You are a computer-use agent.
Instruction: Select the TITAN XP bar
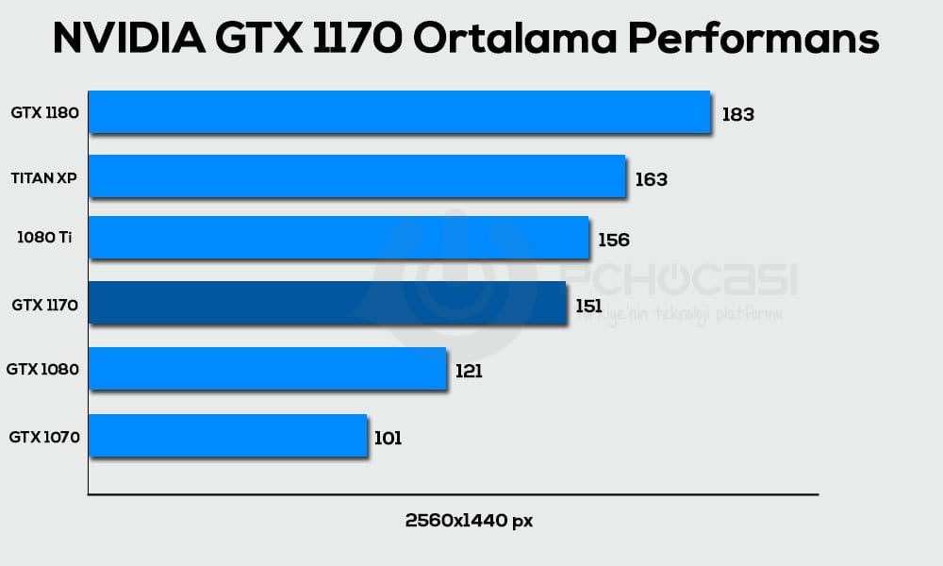356,176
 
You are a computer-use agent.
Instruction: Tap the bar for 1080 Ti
339,238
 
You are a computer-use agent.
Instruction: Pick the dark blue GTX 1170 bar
327,303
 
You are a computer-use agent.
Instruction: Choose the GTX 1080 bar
267,368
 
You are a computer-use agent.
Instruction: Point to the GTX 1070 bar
227,436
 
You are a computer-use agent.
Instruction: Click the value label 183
737,115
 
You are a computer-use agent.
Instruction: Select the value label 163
651,179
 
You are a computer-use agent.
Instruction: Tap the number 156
613,241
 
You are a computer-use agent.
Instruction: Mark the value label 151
588,306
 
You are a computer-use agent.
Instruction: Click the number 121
469,372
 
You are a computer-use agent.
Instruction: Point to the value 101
388,439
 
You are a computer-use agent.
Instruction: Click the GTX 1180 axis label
44,113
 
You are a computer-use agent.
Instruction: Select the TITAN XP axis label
44,177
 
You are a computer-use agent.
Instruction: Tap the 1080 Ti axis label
44,238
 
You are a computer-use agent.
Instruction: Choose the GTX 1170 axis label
44,305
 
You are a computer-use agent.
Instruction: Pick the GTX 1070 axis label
43,438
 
